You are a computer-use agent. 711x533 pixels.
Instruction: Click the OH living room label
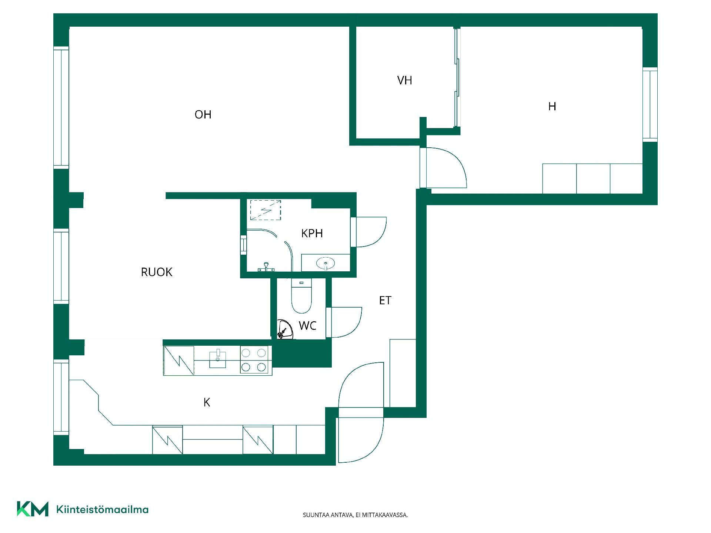pos(203,114)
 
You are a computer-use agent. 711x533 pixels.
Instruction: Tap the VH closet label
pos(404,80)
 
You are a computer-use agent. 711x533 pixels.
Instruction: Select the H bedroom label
pos(552,107)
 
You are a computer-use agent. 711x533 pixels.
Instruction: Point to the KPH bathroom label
pos(312,233)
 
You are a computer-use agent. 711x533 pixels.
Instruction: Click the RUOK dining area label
pos(157,272)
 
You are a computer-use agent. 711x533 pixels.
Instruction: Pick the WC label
pos(307,326)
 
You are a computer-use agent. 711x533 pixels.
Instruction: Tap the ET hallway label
pos(385,300)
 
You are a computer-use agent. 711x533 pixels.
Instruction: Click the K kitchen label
pos(207,402)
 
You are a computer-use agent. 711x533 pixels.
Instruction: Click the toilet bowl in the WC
pos(301,296)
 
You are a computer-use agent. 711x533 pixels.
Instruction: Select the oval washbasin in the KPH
pos(326,263)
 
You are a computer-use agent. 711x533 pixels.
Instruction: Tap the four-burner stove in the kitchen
pos(254,359)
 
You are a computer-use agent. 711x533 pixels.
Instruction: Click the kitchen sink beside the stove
pos(218,358)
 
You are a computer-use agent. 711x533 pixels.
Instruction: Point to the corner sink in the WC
pos(284,329)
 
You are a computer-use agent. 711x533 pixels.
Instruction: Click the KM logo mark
pos(33,509)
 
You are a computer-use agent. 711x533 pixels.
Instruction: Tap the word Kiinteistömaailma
pos(102,510)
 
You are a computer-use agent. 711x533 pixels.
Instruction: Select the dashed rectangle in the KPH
pos(266,210)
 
